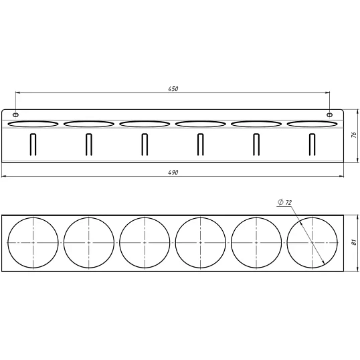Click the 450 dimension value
[x=173, y=88]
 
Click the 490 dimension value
[x=173, y=173]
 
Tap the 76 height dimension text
[x=354, y=134]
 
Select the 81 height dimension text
[x=354, y=242]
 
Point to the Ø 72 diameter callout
[x=284, y=202]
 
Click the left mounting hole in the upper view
[x=15, y=114]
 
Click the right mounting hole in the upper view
[x=330, y=114]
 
